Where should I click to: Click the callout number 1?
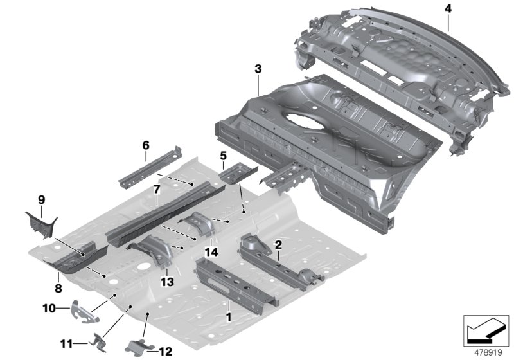[x=228, y=316]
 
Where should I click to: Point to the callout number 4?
[x=447, y=8]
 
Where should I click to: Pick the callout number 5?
[x=223, y=156]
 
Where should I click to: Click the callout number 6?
[x=145, y=145]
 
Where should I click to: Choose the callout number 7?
[x=155, y=190]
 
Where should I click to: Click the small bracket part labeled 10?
[x=83, y=310]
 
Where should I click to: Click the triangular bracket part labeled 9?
[x=40, y=224]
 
